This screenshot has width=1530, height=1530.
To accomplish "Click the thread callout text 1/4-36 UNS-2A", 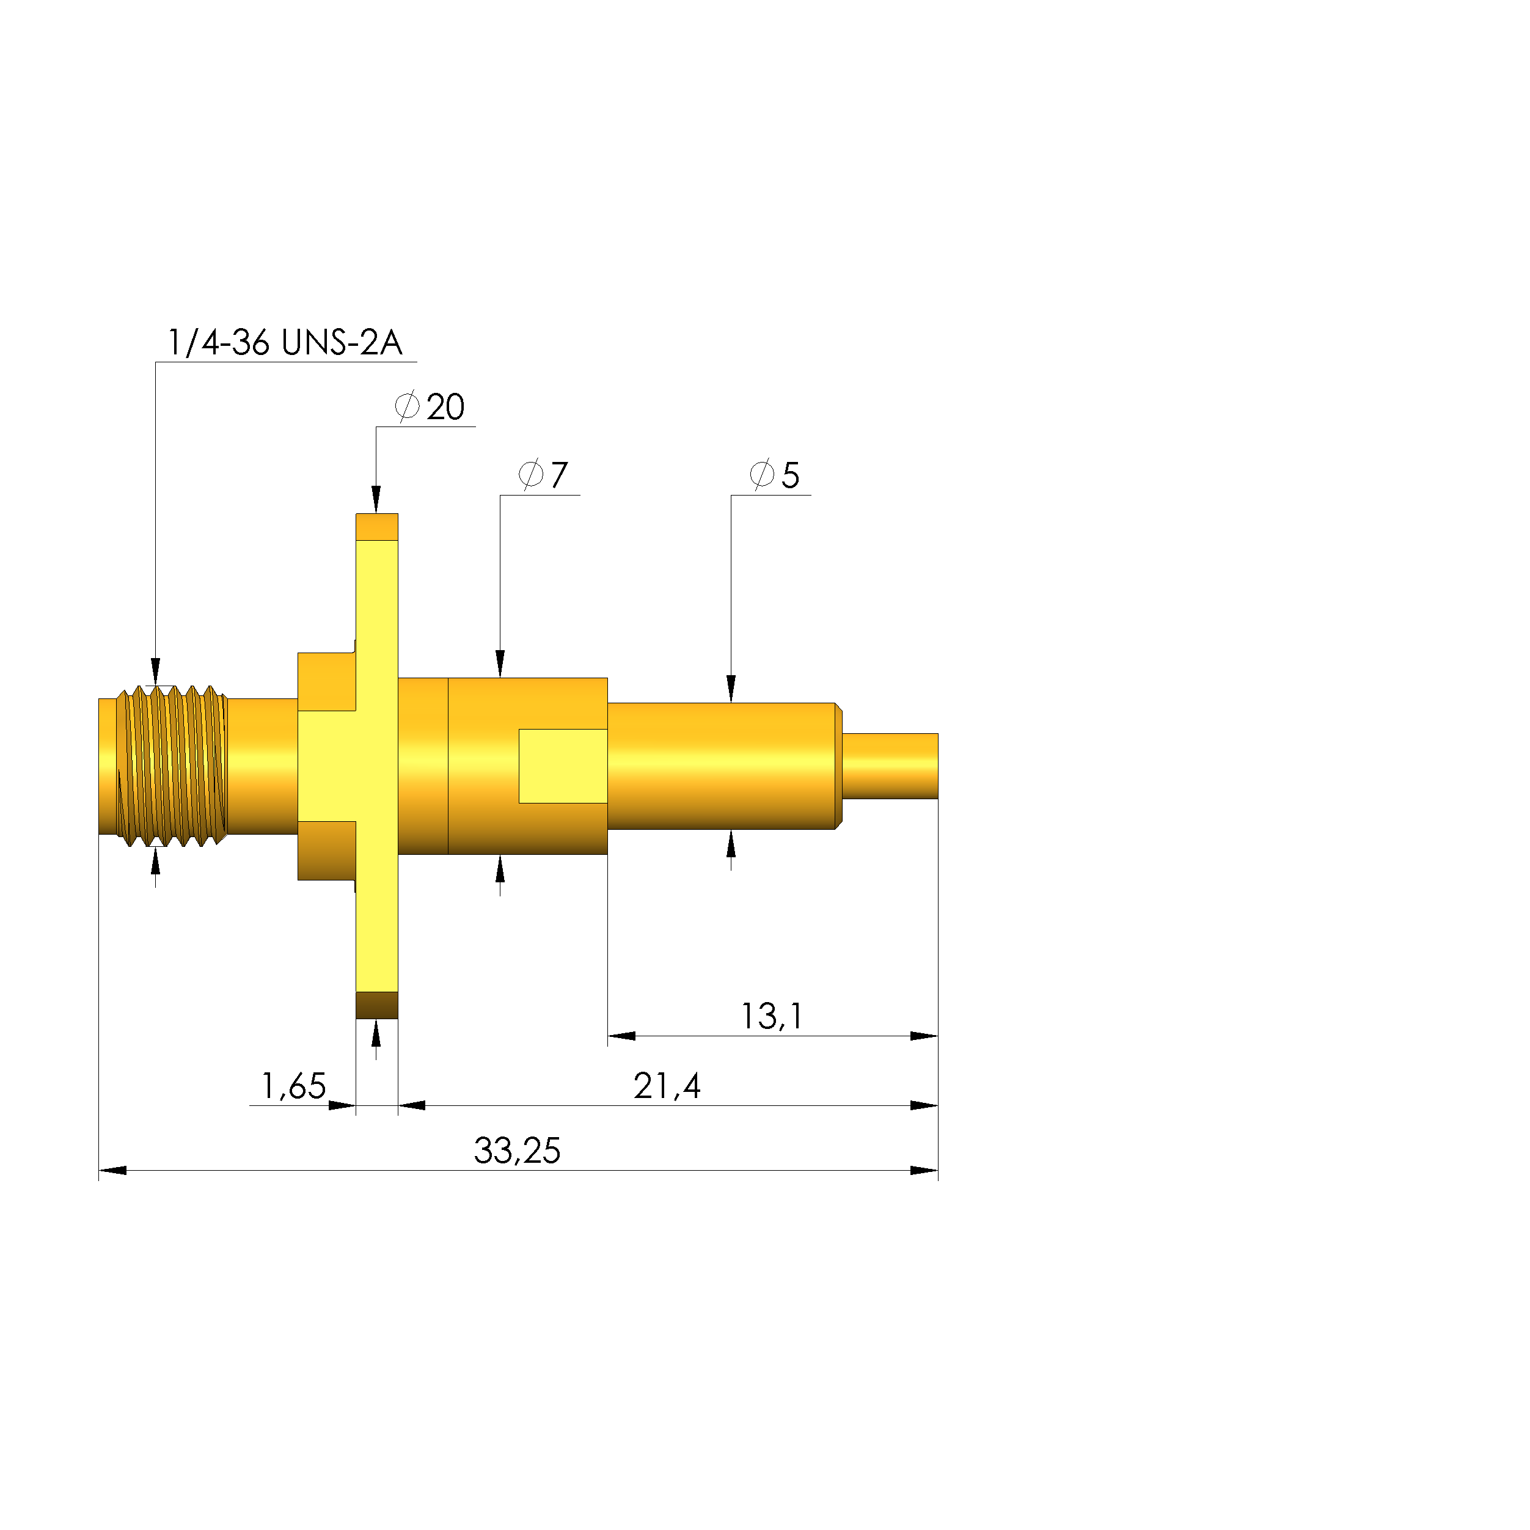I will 285,343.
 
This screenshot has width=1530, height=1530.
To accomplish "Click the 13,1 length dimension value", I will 771,1017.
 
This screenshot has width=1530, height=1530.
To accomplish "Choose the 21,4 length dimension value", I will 667,1086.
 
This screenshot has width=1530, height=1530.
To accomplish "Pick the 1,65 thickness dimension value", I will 293,1086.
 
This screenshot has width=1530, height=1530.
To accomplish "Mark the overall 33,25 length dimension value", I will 517,1151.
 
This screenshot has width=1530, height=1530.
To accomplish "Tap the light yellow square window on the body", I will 563,766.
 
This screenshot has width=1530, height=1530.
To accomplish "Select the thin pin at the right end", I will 890,766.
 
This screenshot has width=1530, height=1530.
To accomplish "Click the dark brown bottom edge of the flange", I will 376,1005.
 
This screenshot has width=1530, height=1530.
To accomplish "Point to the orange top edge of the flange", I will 376,527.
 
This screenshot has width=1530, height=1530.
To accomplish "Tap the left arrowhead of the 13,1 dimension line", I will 621,1036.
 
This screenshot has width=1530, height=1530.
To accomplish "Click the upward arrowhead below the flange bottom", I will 376,1033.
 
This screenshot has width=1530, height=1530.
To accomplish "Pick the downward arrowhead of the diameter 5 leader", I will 731,689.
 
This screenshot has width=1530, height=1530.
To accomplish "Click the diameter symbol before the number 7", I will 530,474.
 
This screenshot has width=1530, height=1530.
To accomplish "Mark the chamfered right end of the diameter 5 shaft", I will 839,766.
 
